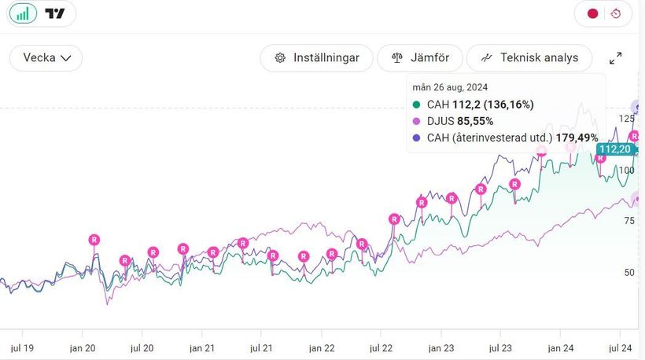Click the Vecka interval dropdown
(46, 57)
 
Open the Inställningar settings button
(317, 57)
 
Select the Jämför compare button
(420, 57)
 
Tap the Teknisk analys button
(529, 57)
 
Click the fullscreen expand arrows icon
(616, 58)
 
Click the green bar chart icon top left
(23, 13)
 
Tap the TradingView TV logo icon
(54, 13)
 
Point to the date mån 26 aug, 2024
(450, 87)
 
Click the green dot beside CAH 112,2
(416, 105)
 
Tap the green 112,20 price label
(614, 149)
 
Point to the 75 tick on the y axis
(628, 221)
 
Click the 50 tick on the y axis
(628, 272)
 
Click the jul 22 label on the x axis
(381, 347)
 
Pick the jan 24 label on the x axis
(560, 347)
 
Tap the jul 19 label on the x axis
(20, 347)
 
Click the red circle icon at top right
(592, 13)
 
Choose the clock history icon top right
(616, 13)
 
